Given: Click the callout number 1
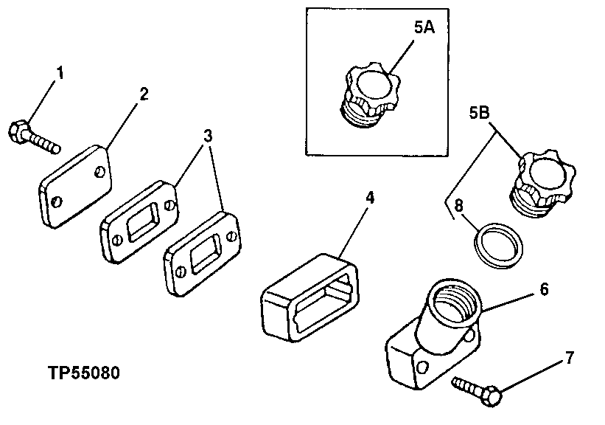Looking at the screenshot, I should click(x=60, y=74).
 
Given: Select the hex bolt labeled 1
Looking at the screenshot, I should click(x=33, y=137).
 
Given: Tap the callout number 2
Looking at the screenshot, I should click(x=144, y=94).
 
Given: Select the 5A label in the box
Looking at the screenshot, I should click(x=424, y=29).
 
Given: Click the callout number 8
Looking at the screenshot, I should click(x=458, y=206).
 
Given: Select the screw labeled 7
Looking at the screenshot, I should click(x=478, y=389).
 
